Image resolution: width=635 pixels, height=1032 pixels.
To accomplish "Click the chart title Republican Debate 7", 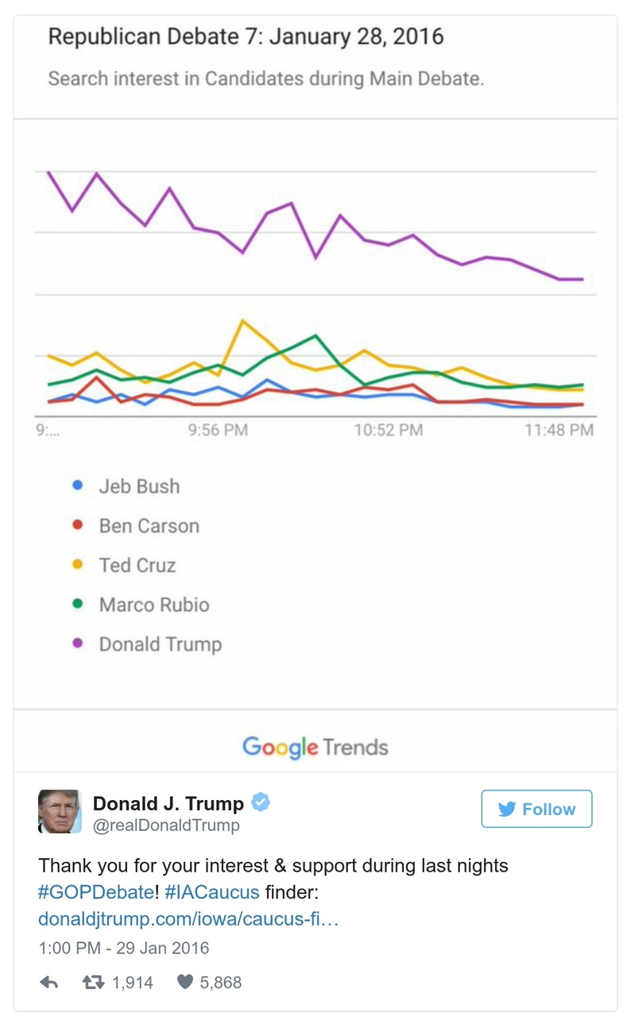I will pos(246,37).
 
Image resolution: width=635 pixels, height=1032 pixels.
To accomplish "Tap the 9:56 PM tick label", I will pos(219,431).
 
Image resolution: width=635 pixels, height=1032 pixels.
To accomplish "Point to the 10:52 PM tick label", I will pos(389,431).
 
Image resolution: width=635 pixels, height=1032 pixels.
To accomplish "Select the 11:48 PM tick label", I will pos(559,431).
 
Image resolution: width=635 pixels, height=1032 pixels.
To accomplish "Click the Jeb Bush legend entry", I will pos(139,486).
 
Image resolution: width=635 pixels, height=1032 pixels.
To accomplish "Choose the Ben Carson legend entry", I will pos(149,526).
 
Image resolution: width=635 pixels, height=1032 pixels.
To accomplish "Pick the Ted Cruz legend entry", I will pos(137,566).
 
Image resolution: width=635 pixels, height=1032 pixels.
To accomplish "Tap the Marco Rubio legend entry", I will pos(154,605).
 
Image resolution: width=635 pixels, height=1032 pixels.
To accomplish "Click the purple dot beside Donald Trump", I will pos(78,644).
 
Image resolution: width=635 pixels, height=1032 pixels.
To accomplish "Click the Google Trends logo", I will pos(316,748).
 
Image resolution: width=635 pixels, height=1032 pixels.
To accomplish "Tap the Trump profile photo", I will pos(60,812).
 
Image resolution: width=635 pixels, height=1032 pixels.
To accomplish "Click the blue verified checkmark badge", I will pos(261,803).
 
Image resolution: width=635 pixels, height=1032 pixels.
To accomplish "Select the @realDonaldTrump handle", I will pos(166,826).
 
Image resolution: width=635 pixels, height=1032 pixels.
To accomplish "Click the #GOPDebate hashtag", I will pos(96,892).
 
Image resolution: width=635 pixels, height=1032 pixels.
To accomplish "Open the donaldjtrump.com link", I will pos(188,919).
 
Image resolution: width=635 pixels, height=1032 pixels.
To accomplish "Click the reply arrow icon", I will pos(49,983).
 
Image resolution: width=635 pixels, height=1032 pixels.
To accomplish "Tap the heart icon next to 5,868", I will pos(185,983).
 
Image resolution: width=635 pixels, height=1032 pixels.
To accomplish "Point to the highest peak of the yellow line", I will pos(242,321).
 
